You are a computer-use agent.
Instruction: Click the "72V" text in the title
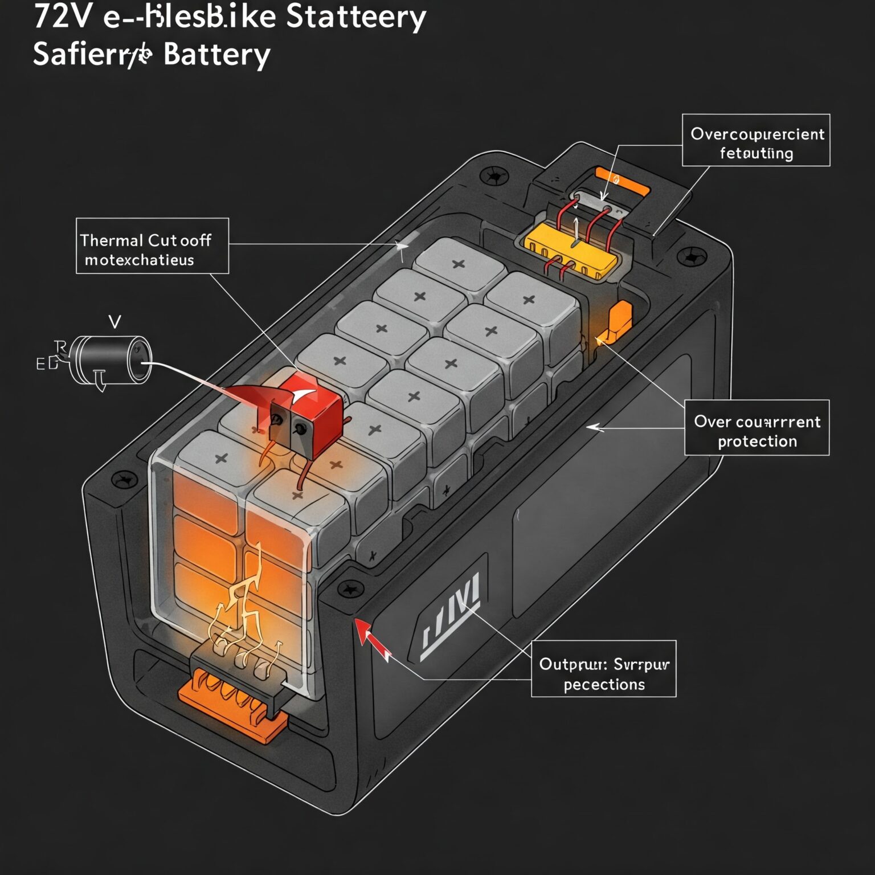[62, 17]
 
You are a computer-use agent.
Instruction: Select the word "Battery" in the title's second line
[216, 55]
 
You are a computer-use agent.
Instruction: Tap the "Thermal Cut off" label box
[152, 246]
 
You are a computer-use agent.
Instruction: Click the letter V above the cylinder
[115, 322]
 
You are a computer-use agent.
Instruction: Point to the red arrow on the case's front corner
[371, 639]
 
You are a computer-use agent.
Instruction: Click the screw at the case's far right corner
[694, 257]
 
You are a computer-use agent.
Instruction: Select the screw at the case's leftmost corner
[123, 480]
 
